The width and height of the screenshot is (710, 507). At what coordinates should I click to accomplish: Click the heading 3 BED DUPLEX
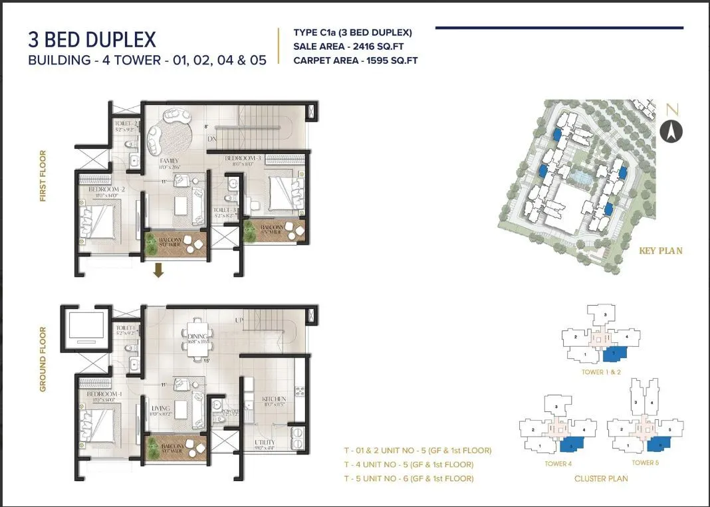click(92, 39)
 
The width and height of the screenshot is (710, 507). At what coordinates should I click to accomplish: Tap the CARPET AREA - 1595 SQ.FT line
click(355, 60)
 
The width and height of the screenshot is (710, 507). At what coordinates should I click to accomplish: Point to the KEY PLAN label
click(660, 251)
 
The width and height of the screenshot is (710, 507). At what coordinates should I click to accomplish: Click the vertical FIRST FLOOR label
click(43, 176)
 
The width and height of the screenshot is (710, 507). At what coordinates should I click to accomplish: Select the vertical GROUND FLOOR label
click(43, 359)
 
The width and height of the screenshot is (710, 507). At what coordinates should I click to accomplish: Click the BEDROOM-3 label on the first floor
click(244, 158)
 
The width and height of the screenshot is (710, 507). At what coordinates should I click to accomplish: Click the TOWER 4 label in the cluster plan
click(558, 464)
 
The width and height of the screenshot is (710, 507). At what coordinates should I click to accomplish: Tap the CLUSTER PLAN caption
click(601, 478)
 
